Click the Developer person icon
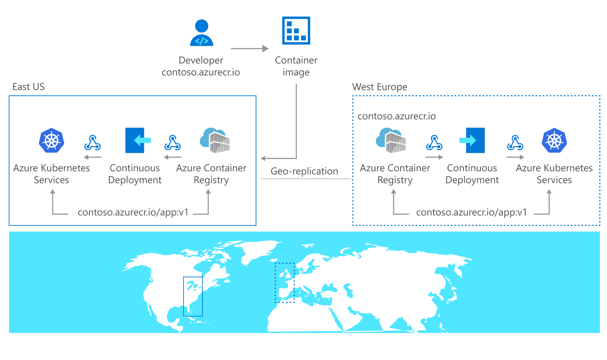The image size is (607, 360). tap(201, 33)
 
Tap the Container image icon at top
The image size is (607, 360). tap(296, 30)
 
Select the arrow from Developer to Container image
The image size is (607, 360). tap(249, 49)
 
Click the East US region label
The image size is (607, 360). tap(28, 87)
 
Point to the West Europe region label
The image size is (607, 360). tap(379, 87)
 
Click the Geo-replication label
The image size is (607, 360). tap(304, 171)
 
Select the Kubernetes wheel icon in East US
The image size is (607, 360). tap(52, 140)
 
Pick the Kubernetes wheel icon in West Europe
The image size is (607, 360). tap(554, 140)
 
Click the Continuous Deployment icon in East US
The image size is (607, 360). tap(138, 140)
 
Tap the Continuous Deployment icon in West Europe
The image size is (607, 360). tap(472, 140)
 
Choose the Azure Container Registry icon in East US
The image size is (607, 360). tap(215, 140)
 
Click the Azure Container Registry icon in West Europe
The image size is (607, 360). tap(391, 140)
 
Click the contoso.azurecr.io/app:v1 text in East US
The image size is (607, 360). tap(133, 212)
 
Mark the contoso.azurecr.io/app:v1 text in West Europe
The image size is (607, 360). tap(471, 212)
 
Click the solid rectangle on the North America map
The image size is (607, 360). tap(193, 296)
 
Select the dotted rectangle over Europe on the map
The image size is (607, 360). tap(285, 283)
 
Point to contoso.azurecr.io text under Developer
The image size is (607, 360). tap(201, 72)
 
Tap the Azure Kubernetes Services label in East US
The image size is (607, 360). tap(51, 174)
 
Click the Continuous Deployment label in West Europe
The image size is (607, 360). tap(472, 174)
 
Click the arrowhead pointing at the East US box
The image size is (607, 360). tap(263, 158)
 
